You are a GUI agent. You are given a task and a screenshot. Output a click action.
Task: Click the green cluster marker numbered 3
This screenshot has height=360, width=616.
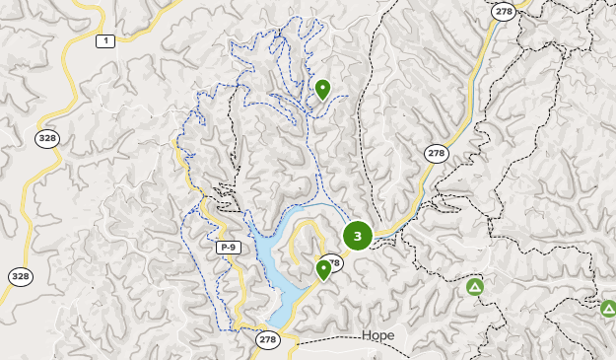(x=357, y=236)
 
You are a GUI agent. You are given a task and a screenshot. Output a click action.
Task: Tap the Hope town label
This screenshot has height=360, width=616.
(x=377, y=335)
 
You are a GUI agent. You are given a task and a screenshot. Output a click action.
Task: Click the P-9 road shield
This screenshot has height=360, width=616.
(x=229, y=247)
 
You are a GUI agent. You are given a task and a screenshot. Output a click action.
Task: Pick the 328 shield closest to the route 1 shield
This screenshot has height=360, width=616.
(x=47, y=138)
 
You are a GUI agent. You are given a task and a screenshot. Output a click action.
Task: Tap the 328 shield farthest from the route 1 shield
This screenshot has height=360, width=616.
(x=19, y=276)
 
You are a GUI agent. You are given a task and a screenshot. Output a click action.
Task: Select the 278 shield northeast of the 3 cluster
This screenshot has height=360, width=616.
(x=436, y=154)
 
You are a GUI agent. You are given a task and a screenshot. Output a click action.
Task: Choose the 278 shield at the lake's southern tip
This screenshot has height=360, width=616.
(x=267, y=338)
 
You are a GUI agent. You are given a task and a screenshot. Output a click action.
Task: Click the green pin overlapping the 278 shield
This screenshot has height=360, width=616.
(x=323, y=268)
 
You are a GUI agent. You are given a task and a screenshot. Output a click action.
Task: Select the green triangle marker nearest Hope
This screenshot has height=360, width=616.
(x=475, y=287)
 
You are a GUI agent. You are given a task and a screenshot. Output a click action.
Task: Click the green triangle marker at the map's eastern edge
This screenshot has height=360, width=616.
(x=608, y=308)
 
